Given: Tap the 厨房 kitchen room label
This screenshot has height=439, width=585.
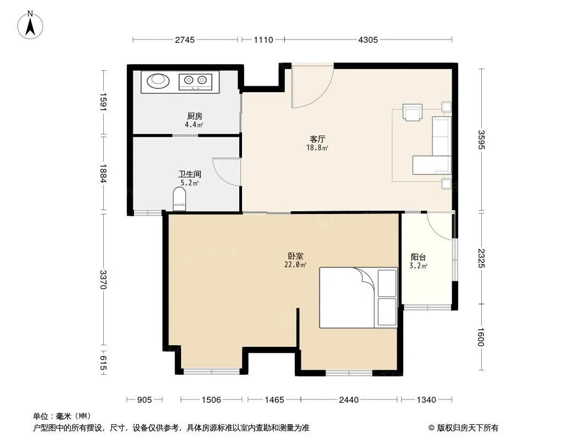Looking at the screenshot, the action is coord(195,116).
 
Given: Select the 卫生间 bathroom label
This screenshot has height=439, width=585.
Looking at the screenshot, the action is coord(189,174).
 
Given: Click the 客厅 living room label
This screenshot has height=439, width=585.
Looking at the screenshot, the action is coord(318,139).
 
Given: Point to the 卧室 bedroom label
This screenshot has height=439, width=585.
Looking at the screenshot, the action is coord(295,256).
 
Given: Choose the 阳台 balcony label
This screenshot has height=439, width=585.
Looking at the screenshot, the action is coord(418,257).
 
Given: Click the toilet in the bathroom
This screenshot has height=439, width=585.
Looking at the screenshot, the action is coord(179,199).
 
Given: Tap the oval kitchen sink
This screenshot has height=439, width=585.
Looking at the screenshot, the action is coord(158,81).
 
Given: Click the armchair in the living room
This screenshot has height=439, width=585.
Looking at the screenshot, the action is coord(413,112).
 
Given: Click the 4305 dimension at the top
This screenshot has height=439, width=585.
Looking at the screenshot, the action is coord(368,40).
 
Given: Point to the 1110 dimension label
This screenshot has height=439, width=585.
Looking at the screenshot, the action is coord(263,40).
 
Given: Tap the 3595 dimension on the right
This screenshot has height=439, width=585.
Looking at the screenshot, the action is coord(481,139).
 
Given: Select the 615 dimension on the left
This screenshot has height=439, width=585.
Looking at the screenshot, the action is coord(103,363).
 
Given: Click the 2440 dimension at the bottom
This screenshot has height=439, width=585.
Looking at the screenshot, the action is coord(349,400).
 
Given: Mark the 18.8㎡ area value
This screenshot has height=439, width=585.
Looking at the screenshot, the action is coord(318,148).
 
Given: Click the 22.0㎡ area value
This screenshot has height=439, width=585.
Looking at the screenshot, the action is coord(295,265).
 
